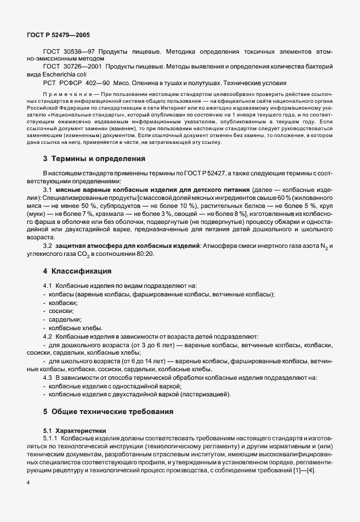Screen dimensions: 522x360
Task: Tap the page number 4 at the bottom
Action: (27, 483)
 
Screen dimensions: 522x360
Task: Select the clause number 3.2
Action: (48, 246)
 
